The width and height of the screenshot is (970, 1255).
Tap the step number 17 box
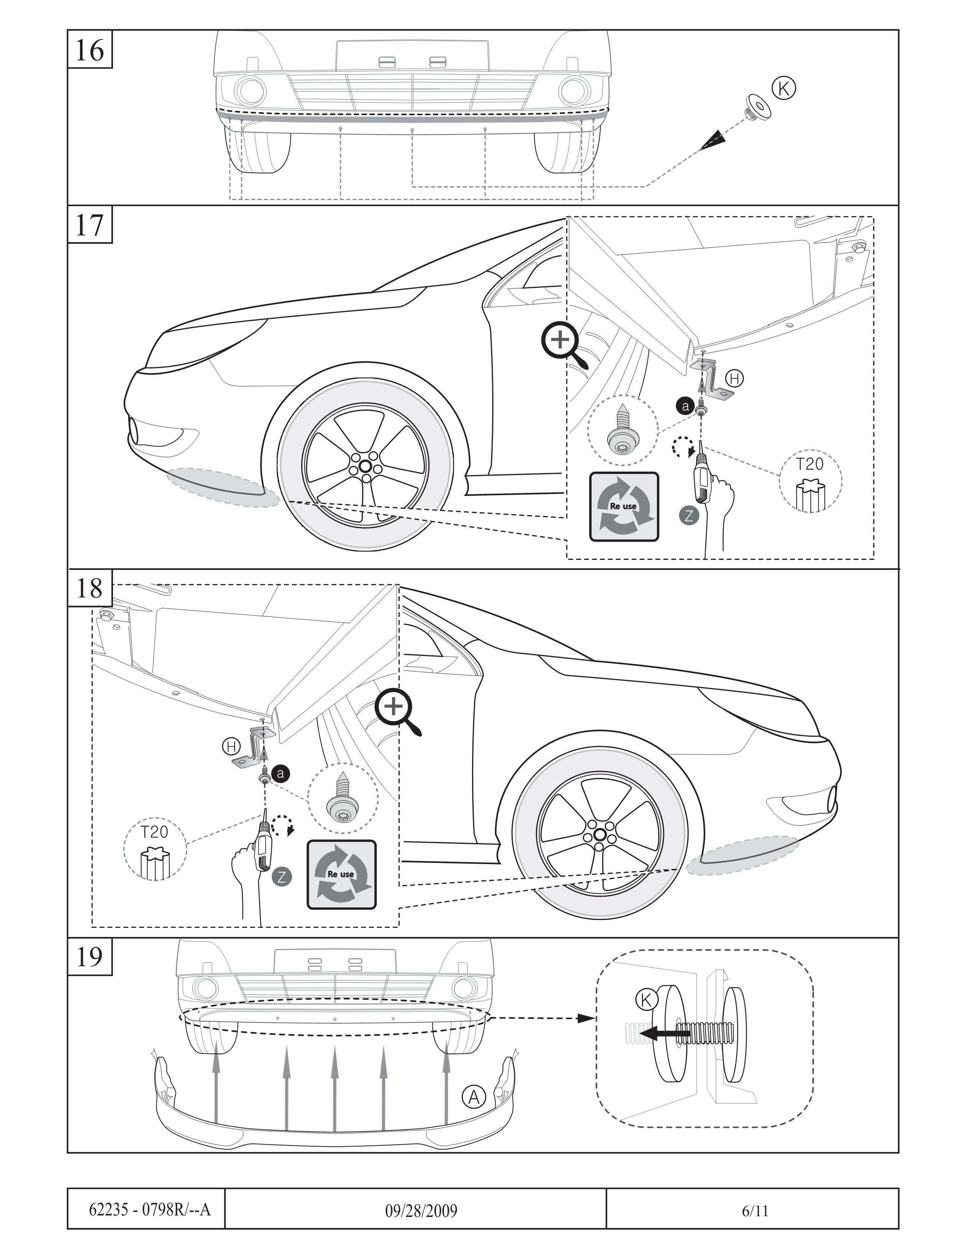90,225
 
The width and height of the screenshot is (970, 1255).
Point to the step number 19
90,957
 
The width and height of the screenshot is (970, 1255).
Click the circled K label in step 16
784,89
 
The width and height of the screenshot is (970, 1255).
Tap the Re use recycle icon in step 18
341,875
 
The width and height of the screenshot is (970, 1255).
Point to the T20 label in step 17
810,464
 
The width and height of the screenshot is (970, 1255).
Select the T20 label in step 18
154,832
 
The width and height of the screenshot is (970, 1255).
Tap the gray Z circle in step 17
689,515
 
